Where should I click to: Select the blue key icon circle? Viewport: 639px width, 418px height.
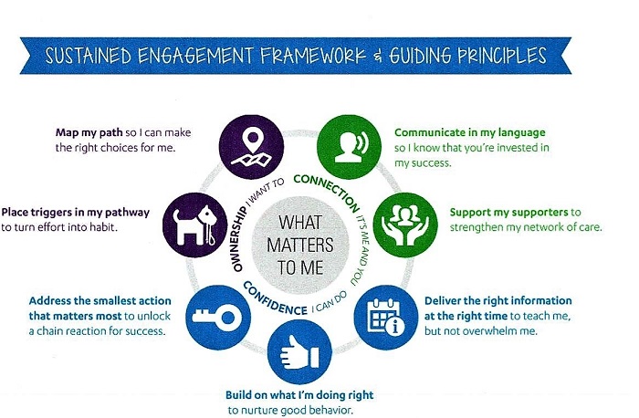point(218,307)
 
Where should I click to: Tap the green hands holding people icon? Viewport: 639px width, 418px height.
point(403,220)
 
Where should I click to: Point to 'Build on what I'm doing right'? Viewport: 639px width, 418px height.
point(298,395)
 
